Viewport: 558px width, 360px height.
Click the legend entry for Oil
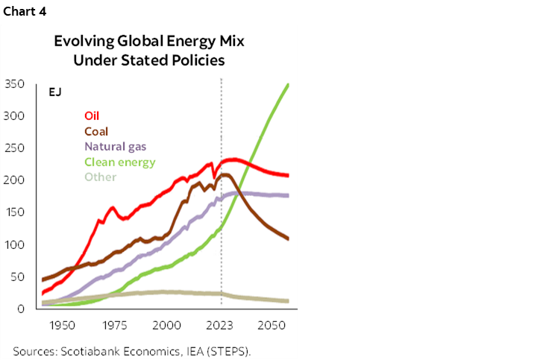click(x=92, y=116)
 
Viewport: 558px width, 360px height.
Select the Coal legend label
click(x=96, y=131)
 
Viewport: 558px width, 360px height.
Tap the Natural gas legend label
click(x=116, y=146)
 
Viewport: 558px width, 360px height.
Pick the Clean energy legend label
click(x=119, y=162)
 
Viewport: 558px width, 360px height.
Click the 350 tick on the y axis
click(x=16, y=83)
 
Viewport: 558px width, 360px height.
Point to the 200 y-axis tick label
click(x=16, y=180)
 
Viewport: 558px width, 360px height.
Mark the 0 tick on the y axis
click(x=22, y=309)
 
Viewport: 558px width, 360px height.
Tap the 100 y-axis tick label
click(x=16, y=244)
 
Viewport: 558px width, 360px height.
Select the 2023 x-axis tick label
click(x=221, y=326)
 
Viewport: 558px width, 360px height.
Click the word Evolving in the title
click(x=81, y=41)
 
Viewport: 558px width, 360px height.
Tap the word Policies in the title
click(x=198, y=60)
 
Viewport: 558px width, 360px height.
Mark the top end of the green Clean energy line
click(x=288, y=85)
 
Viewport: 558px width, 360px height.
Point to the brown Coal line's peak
click(x=225, y=175)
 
